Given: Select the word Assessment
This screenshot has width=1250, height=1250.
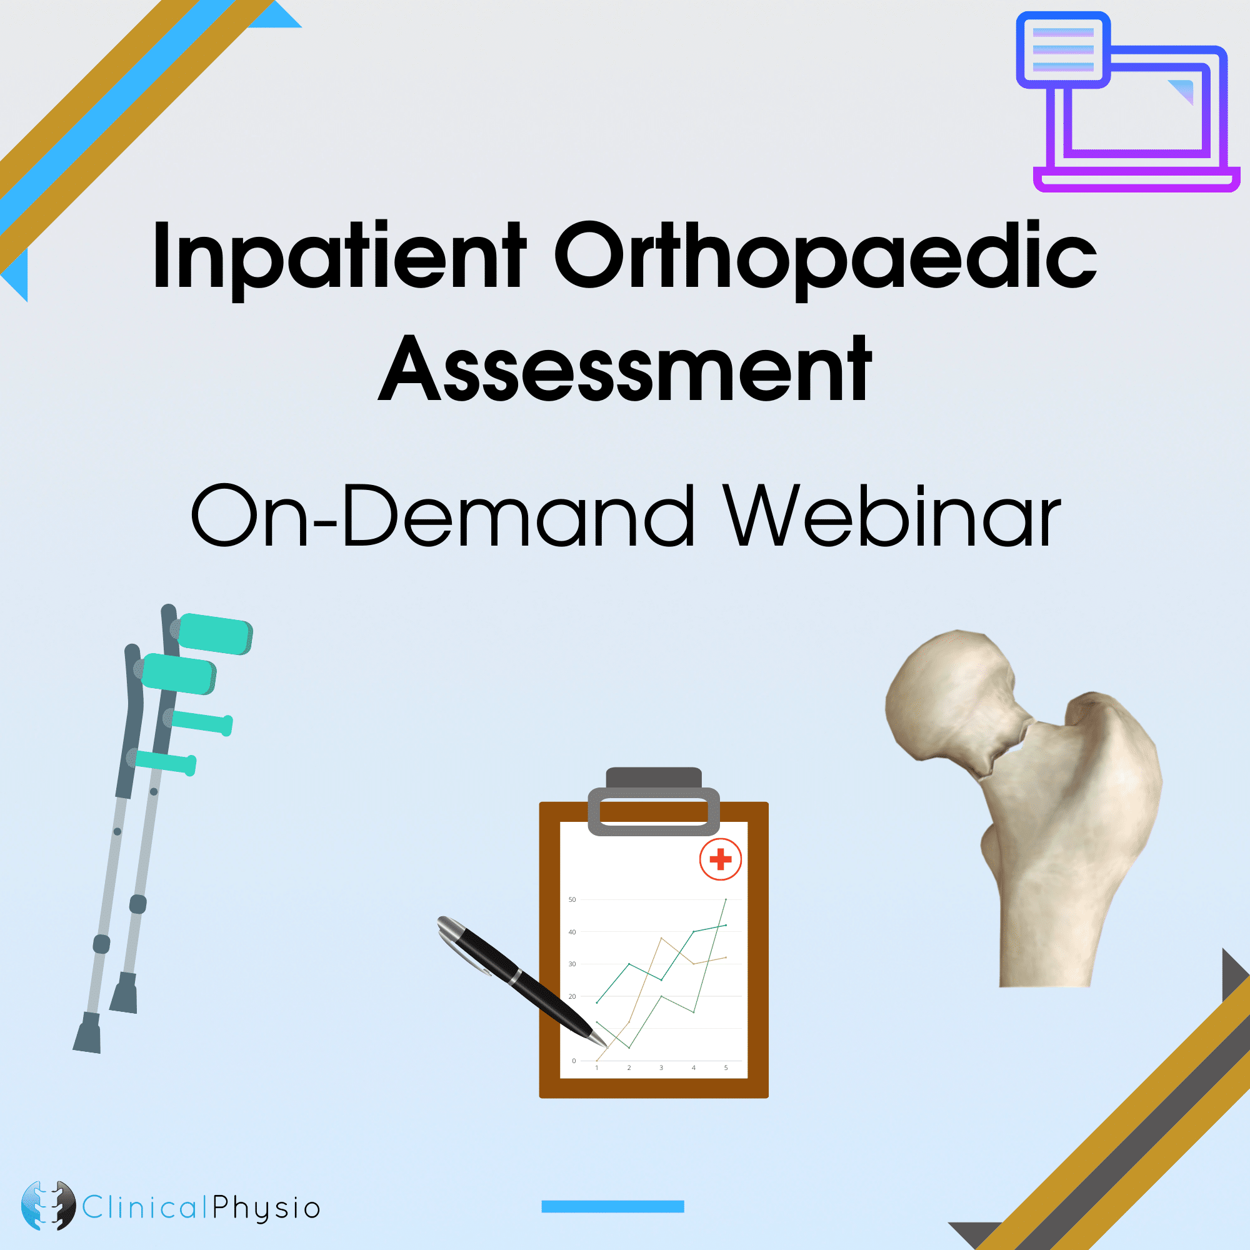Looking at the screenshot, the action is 625,369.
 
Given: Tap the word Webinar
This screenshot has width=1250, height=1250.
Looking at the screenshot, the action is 892,516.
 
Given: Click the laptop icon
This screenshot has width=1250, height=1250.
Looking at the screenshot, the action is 1127,102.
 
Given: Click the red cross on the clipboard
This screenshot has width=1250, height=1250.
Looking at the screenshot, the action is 720,859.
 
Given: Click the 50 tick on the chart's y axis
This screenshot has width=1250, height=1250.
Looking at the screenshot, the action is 572,899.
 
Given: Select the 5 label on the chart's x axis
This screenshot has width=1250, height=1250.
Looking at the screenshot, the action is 726,1067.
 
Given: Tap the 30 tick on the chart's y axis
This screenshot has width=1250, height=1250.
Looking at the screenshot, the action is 572,964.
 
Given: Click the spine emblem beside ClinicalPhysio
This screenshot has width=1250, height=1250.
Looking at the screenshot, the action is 49,1206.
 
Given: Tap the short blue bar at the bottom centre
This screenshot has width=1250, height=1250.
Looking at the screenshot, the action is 612,1206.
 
